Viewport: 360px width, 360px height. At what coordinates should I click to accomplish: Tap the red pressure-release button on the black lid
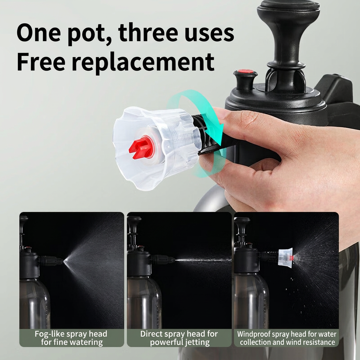point(245,71)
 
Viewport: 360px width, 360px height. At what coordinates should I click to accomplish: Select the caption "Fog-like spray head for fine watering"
point(71,338)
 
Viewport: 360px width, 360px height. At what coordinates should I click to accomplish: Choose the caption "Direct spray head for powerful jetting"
point(179,338)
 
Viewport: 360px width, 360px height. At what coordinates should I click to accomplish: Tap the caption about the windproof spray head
point(287,338)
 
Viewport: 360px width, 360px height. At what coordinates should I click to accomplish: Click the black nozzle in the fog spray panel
point(51,261)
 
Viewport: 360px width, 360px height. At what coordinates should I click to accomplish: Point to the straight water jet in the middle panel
point(204,261)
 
